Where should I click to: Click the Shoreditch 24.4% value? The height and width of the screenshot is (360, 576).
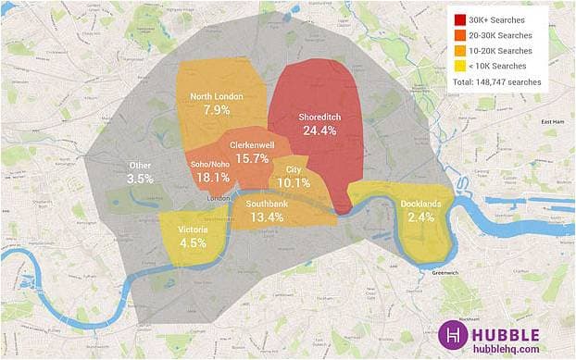pos(319,131)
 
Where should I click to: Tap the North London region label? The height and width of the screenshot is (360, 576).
pos(216,96)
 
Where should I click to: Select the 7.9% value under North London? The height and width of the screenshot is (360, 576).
pos(216,110)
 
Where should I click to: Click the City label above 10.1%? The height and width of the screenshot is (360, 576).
pos(294,169)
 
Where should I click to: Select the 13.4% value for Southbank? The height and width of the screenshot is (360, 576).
pos(266,217)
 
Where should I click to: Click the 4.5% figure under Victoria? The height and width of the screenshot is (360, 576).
pos(193,244)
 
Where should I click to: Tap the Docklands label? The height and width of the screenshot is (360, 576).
pos(420,204)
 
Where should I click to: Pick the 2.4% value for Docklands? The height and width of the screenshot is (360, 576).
pos(420,217)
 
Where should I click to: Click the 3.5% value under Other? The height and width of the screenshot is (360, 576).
pos(140,178)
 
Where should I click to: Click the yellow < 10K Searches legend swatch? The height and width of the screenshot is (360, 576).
pos(459,65)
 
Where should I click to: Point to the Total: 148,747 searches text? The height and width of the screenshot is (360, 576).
pos(496,82)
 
